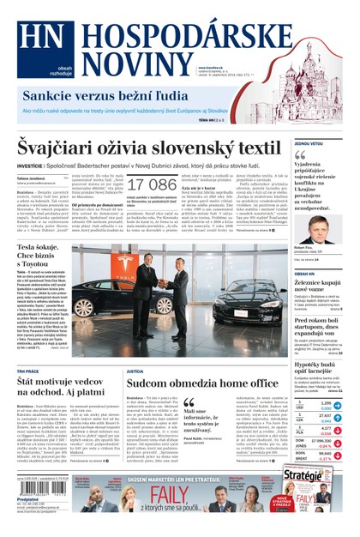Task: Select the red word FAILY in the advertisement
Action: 171,495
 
